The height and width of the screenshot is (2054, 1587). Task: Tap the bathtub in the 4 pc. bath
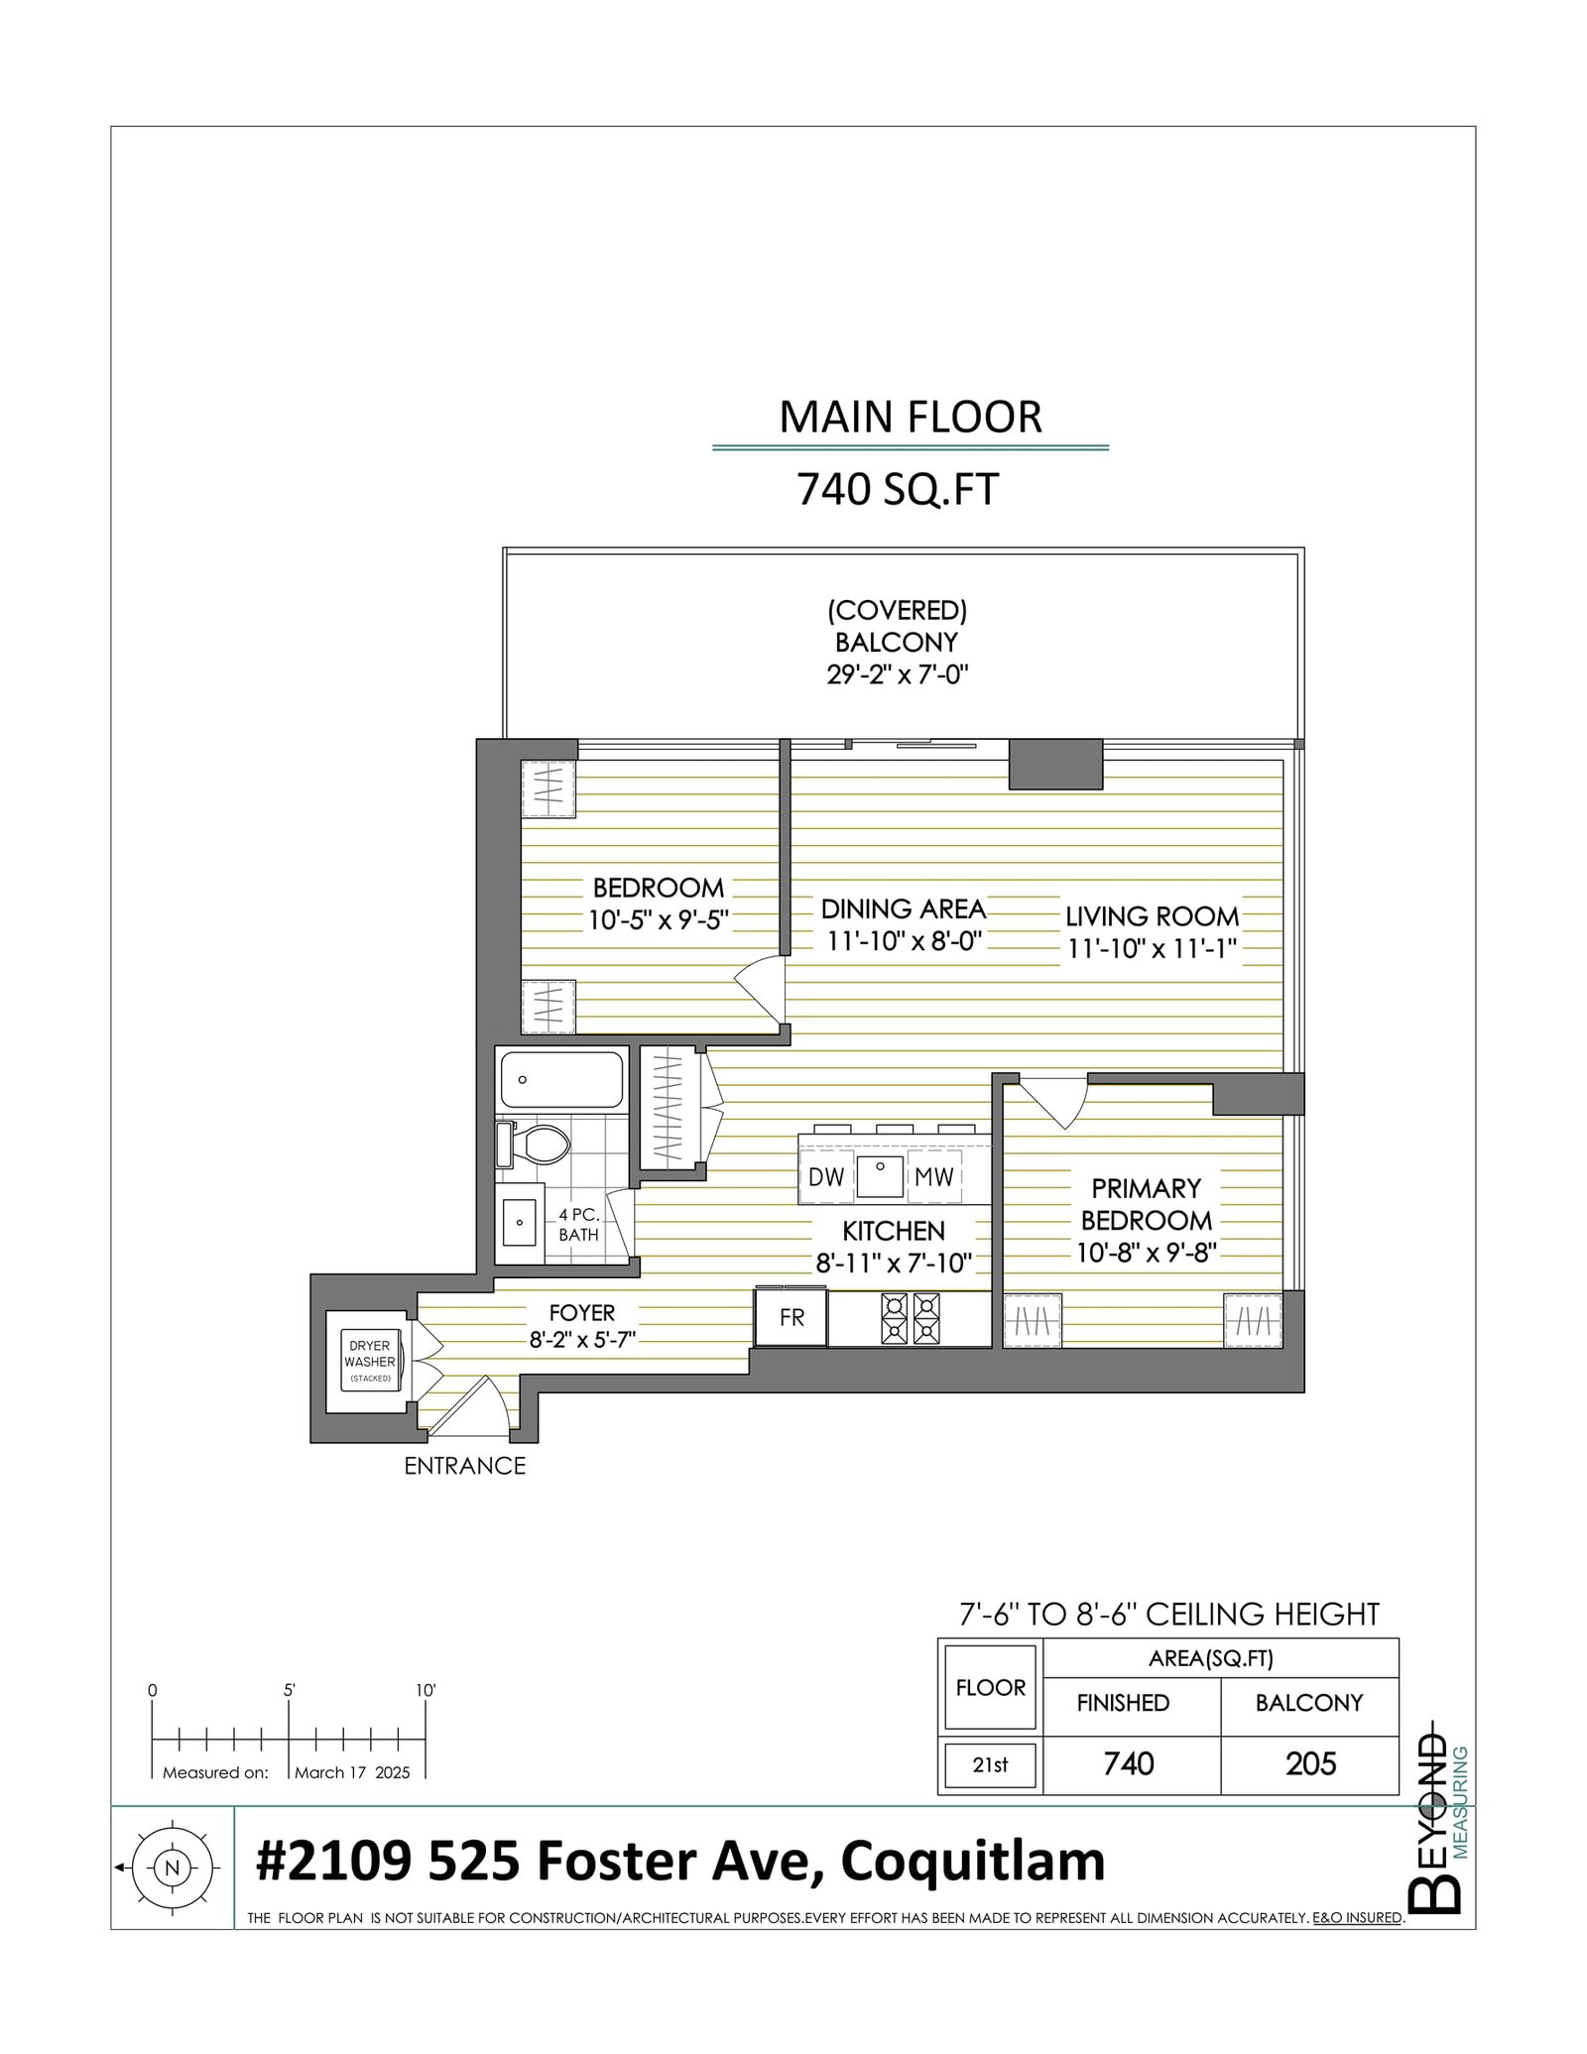pos(561,1080)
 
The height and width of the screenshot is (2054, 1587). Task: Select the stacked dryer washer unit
pos(370,1361)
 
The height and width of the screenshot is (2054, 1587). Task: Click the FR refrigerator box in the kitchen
pos(791,1317)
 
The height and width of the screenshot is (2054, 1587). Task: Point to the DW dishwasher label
pos(825,1176)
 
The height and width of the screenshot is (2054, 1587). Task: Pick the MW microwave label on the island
pos(933,1176)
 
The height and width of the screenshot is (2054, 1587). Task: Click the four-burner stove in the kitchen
pos(912,1319)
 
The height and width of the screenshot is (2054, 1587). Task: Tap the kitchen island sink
pos(879,1177)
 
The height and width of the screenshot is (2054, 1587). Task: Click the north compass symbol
pos(174,1867)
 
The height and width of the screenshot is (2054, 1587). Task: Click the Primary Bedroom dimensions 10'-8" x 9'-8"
pos(1147,1253)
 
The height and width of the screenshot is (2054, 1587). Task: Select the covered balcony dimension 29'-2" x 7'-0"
pos(898,675)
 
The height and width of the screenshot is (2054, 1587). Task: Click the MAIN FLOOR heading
pos(911,418)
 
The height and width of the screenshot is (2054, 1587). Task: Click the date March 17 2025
pos(352,1772)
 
